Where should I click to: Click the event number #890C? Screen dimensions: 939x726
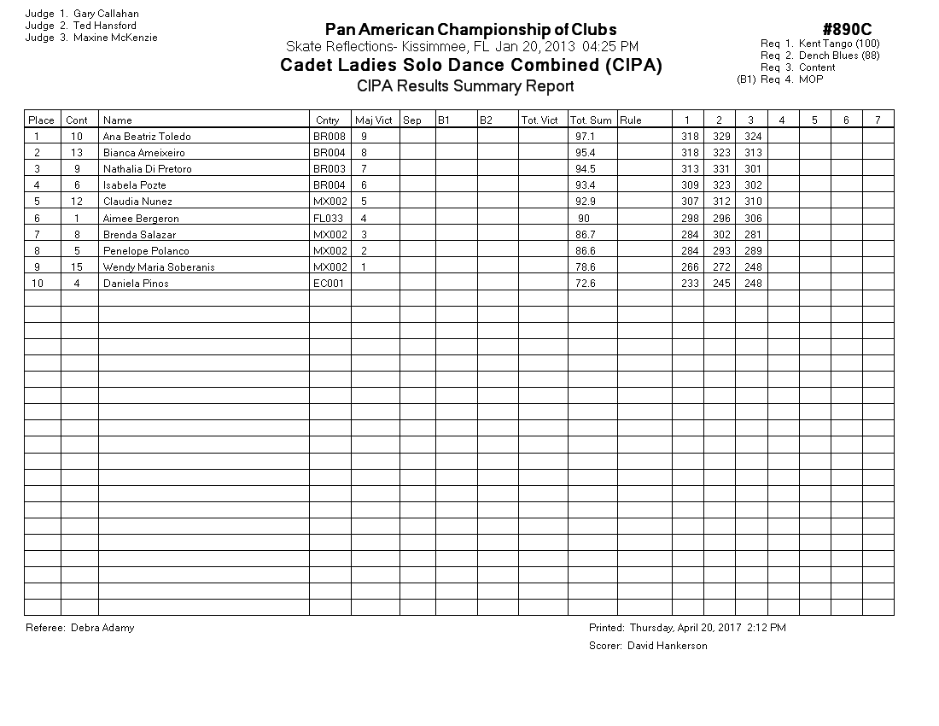pyautogui.click(x=847, y=31)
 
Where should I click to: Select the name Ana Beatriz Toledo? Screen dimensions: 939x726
pyautogui.click(x=146, y=137)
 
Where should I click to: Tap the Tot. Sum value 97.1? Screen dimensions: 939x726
pyautogui.click(x=585, y=137)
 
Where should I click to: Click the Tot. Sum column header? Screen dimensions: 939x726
pyautogui.click(x=591, y=120)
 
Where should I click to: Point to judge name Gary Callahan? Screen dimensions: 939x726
pyautogui.click(x=106, y=14)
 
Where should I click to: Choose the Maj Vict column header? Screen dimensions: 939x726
pyautogui.click(x=374, y=120)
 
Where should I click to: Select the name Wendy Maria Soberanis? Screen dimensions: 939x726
pyautogui.click(x=159, y=267)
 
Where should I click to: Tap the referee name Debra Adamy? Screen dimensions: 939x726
pyautogui.click(x=102, y=628)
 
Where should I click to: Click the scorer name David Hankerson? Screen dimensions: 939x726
pyautogui.click(x=667, y=646)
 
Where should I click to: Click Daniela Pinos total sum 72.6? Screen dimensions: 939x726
pyautogui.click(x=585, y=284)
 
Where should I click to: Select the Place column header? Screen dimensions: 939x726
pyautogui.click(x=41, y=120)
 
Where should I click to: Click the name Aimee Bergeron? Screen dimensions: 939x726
pyautogui.click(x=141, y=219)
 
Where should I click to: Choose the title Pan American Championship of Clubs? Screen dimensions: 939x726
pyautogui.click(x=470, y=31)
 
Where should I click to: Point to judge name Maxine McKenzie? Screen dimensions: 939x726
pyautogui.click(x=115, y=38)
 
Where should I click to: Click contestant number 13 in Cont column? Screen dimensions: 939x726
pyautogui.click(x=77, y=153)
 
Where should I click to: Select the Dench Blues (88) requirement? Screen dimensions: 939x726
pyautogui.click(x=839, y=56)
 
